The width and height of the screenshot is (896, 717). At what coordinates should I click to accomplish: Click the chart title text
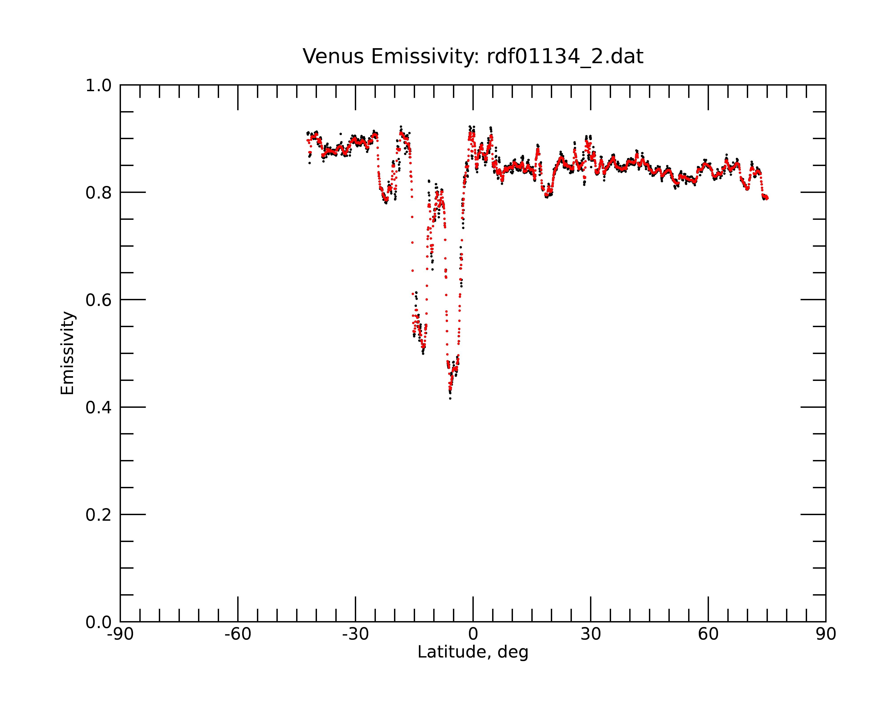coord(473,56)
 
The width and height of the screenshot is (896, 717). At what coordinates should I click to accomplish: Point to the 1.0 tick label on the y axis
coord(99,86)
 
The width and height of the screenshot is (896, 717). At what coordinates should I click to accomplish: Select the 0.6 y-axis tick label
coord(99,300)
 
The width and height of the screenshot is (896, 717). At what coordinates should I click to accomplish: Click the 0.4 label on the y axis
coord(99,407)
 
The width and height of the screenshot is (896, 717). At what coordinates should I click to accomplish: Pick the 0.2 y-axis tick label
coord(99,515)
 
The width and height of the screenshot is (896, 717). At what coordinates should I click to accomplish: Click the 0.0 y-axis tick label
coord(99,622)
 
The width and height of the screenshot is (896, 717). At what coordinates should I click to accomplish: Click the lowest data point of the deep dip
coord(450,399)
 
